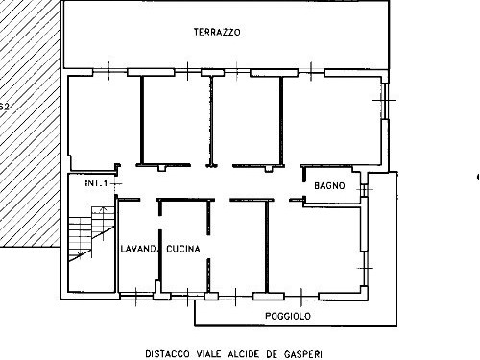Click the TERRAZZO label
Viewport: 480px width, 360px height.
pos(216,32)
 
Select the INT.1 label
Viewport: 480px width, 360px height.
pos(97,182)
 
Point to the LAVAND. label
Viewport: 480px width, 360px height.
pos(138,250)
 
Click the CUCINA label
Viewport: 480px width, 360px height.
pos(182,250)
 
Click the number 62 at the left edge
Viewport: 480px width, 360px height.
pos(4,108)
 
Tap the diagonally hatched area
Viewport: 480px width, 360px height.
pos(29,144)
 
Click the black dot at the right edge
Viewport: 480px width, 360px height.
pos(478,177)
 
